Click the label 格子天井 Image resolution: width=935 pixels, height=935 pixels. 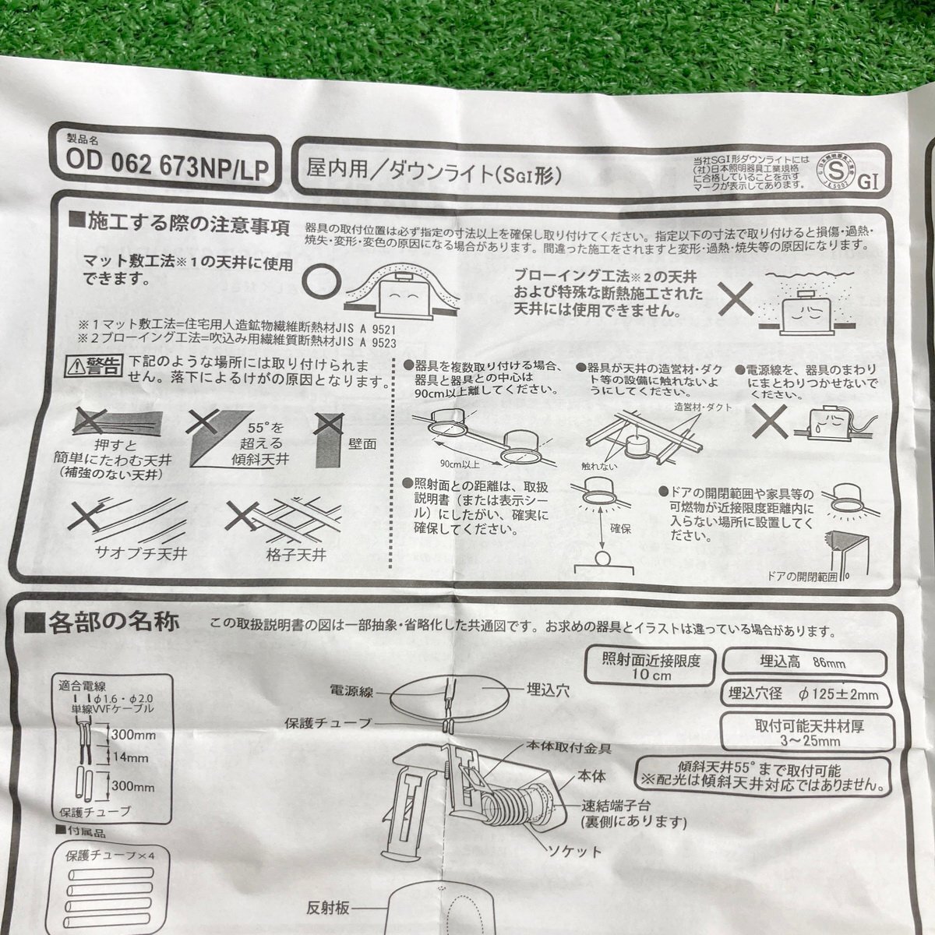(x=295, y=555)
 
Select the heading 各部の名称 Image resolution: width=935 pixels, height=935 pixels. (x=113, y=623)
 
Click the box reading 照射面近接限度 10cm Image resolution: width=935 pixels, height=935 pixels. (x=651, y=668)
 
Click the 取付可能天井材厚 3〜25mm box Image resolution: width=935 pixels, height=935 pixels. (x=809, y=732)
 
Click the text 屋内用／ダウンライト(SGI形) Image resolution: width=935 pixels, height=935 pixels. (x=434, y=167)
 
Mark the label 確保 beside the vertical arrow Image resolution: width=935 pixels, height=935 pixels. (x=620, y=528)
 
